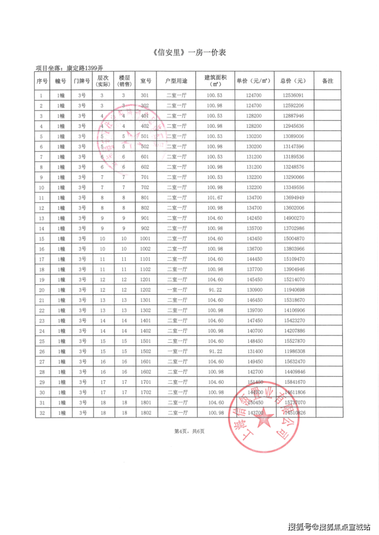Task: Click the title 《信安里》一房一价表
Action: (x=189, y=53)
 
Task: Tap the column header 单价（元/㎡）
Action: (x=254, y=81)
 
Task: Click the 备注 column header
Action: (x=327, y=81)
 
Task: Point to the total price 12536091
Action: (x=293, y=95)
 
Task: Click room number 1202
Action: (x=144, y=290)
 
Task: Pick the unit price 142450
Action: (x=254, y=218)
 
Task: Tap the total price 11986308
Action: (x=293, y=351)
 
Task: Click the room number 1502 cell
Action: (x=144, y=351)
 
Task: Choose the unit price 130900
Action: (x=254, y=290)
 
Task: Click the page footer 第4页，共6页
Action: (x=189, y=431)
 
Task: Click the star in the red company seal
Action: (x=265, y=420)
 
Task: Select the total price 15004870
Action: (x=293, y=239)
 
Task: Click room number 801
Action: (x=144, y=198)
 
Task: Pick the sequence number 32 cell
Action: (x=41, y=413)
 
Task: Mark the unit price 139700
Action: (x=254, y=310)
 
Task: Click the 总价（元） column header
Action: (x=293, y=81)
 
